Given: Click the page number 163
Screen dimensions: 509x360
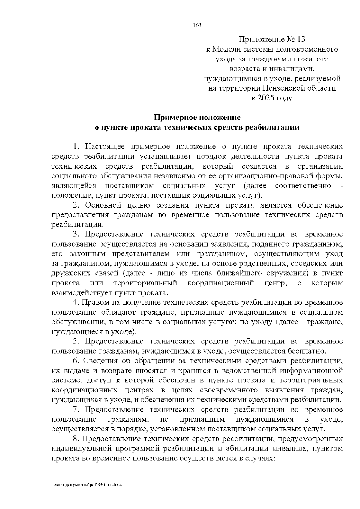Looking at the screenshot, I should click(x=197, y=25).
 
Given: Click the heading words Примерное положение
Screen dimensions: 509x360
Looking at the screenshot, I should click(x=197, y=117).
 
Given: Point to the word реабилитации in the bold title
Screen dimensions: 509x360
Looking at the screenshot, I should click(x=272, y=127).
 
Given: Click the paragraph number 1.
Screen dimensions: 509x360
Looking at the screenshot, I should click(x=76, y=147).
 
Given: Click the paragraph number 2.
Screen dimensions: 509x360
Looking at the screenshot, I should click(x=76, y=205).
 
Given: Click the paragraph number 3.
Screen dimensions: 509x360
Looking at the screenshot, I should click(x=76, y=234).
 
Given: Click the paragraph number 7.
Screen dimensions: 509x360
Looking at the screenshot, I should click(x=76, y=409).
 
